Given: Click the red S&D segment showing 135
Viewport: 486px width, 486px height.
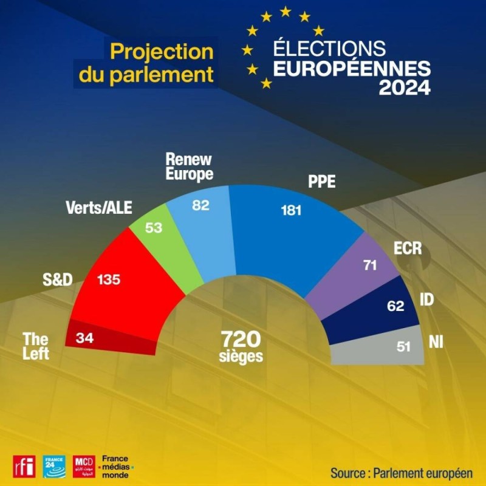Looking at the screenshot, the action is (x=124, y=288).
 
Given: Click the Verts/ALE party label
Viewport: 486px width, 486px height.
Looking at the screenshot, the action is (x=99, y=208).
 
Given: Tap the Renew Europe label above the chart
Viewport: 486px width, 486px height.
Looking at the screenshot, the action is (x=189, y=166).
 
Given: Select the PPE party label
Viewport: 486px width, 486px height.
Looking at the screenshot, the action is (x=322, y=181).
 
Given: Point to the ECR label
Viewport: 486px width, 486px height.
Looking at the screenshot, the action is (x=408, y=248).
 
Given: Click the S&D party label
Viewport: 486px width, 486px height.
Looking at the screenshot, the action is (x=57, y=279).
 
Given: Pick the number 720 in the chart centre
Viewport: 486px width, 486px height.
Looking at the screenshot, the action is (x=241, y=339).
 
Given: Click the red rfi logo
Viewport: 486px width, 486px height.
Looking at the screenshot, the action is (x=24, y=467).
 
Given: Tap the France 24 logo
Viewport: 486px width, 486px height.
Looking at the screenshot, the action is (x=54, y=467).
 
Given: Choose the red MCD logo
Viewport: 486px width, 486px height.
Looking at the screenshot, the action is (x=84, y=467).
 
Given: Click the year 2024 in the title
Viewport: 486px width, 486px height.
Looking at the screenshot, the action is (x=405, y=87).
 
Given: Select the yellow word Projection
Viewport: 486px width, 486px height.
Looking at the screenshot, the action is (x=162, y=52).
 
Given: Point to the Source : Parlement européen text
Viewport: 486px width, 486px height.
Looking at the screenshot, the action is (x=402, y=473).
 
